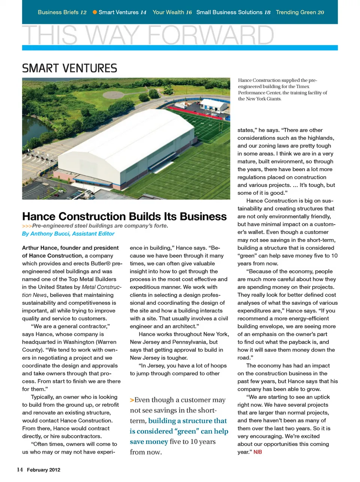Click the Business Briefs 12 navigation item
tap(62, 12)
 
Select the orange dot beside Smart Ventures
tap(95, 12)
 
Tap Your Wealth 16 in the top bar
tap(172, 12)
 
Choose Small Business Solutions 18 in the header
tap(233, 12)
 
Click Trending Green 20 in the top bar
tap(300, 12)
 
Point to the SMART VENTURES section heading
tap(70, 68)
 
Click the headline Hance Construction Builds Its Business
tap(124, 216)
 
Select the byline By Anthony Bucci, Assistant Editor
tap(68, 233)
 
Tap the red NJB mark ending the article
tap(258, 452)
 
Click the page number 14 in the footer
tap(19, 470)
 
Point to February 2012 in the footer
tap(43, 470)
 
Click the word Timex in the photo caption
tap(303, 86)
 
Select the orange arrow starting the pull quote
tap(132, 400)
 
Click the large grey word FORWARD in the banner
tap(211, 35)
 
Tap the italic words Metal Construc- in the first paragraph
tap(102, 287)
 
